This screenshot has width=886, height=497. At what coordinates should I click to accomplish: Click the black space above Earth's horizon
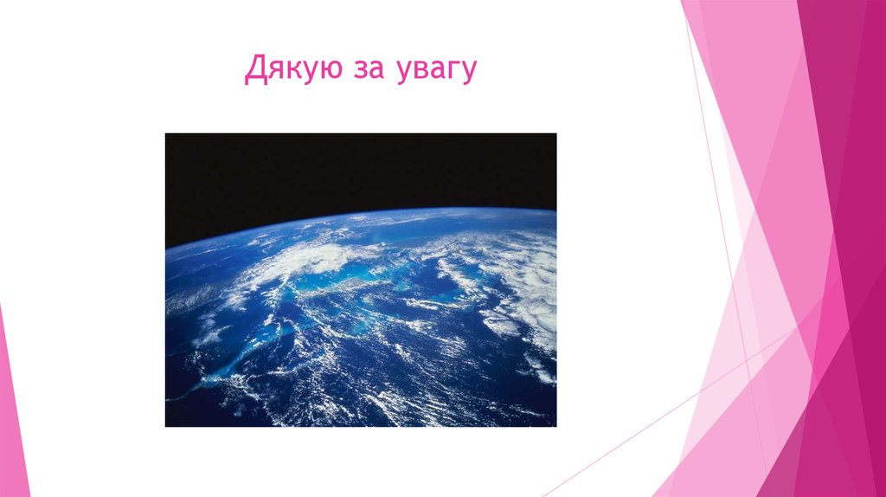(346, 169)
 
